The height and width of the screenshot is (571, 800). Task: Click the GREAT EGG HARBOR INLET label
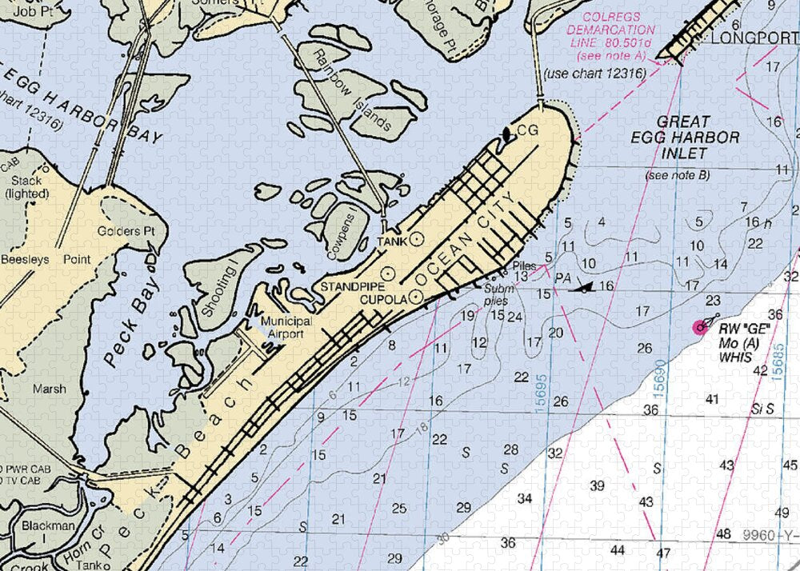[684, 137]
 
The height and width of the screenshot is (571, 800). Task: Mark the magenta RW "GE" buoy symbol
[701, 325]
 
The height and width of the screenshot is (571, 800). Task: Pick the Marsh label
[50, 389]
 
